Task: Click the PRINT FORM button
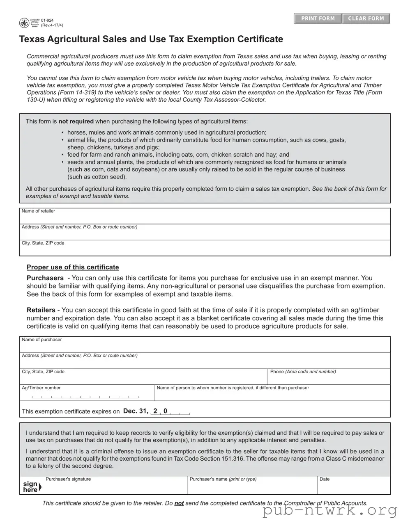(318, 18)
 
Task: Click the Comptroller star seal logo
(24, 23)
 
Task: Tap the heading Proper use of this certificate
(73, 267)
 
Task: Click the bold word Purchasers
(45, 278)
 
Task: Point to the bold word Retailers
(41, 310)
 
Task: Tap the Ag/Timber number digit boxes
(85, 396)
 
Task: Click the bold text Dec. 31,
(136, 411)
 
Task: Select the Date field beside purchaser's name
(353, 487)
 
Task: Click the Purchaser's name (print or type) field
(252, 487)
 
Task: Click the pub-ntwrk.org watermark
(330, 510)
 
